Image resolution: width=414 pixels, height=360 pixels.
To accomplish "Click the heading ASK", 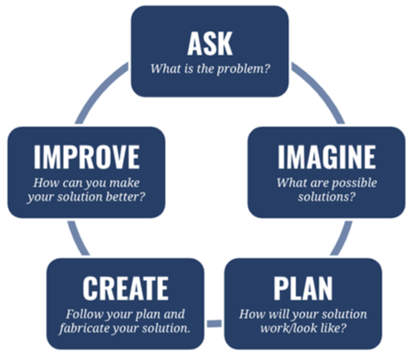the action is click(210, 43).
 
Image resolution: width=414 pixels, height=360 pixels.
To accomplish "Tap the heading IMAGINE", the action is click(326, 157).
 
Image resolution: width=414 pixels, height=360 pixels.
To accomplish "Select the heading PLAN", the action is click(303, 288).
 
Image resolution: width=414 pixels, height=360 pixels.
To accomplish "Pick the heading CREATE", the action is click(126, 288).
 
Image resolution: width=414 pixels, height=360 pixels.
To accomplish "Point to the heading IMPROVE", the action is click(87, 157).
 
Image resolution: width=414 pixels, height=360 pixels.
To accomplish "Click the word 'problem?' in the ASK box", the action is click(244, 69).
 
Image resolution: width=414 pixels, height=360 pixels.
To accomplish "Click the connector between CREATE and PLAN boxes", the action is click(215, 324).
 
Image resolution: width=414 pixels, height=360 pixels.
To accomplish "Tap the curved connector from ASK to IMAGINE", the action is click(321, 90).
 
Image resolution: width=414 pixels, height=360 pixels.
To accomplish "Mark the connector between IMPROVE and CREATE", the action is click(78, 239).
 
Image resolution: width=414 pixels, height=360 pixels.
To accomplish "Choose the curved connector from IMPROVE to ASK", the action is click(98, 90).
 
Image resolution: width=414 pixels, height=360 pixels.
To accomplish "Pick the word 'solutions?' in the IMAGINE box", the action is click(326, 197).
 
